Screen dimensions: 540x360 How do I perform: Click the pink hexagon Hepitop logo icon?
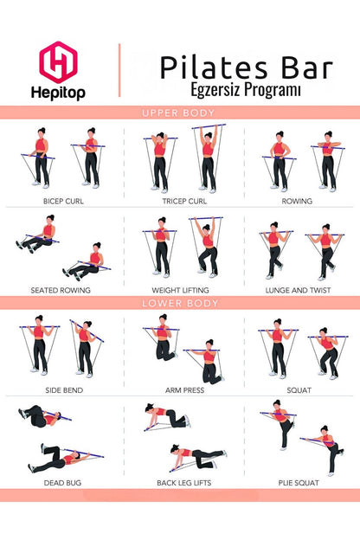[x=58, y=62]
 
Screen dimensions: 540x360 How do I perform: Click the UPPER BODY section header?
[x=179, y=112]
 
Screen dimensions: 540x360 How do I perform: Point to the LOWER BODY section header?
[x=179, y=304]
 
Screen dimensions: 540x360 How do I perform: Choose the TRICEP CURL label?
[x=180, y=202]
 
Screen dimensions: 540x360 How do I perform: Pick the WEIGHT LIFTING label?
[x=180, y=290]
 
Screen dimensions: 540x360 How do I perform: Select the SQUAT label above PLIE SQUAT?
[x=299, y=390]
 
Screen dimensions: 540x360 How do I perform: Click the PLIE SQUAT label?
[x=299, y=482]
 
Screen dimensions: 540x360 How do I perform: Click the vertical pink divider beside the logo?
[x=119, y=70]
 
